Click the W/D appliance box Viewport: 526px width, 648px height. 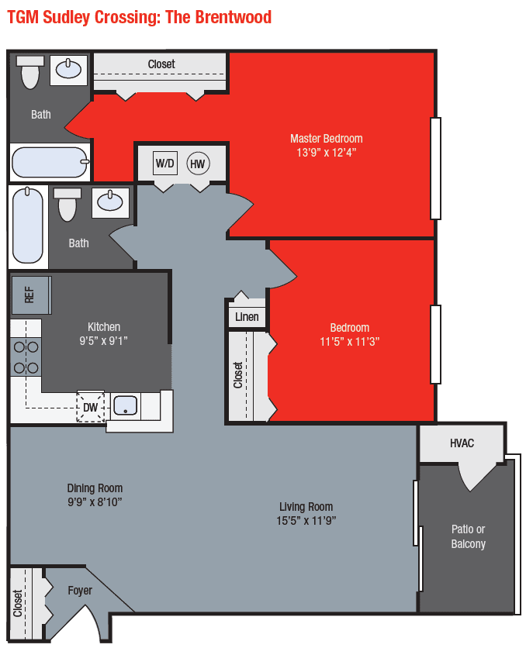pyautogui.click(x=165, y=164)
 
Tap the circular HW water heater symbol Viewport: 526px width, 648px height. pyautogui.click(x=198, y=164)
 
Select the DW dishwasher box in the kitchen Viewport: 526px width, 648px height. pyautogui.click(x=91, y=407)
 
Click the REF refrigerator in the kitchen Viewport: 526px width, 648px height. pyautogui.click(x=29, y=295)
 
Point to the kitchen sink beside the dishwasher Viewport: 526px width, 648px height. pyautogui.click(x=125, y=405)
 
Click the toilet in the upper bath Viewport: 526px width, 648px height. pyautogui.click(x=30, y=72)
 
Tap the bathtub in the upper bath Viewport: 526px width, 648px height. pyautogui.click(x=49, y=162)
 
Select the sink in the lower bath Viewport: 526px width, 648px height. pyautogui.click(x=110, y=202)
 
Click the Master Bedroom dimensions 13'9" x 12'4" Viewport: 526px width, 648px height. pyautogui.click(x=326, y=153)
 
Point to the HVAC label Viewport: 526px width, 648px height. pyautogui.click(x=462, y=443)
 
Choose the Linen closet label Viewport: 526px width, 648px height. pyautogui.click(x=247, y=317)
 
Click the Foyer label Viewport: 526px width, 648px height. pyautogui.click(x=80, y=591)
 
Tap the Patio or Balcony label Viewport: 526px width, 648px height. pyautogui.click(x=468, y=536)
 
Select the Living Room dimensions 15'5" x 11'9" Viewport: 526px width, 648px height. pyautogui.click(x=306, y=521)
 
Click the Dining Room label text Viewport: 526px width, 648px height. pyautogui.click(x=95, y=488)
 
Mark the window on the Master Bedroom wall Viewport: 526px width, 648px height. pyautogui.click(x=435, y=168)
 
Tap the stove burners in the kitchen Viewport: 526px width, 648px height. pyautogui.click(x=25, y=357)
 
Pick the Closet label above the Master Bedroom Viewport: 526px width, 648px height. pyautogui.click(x=161, y=64)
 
